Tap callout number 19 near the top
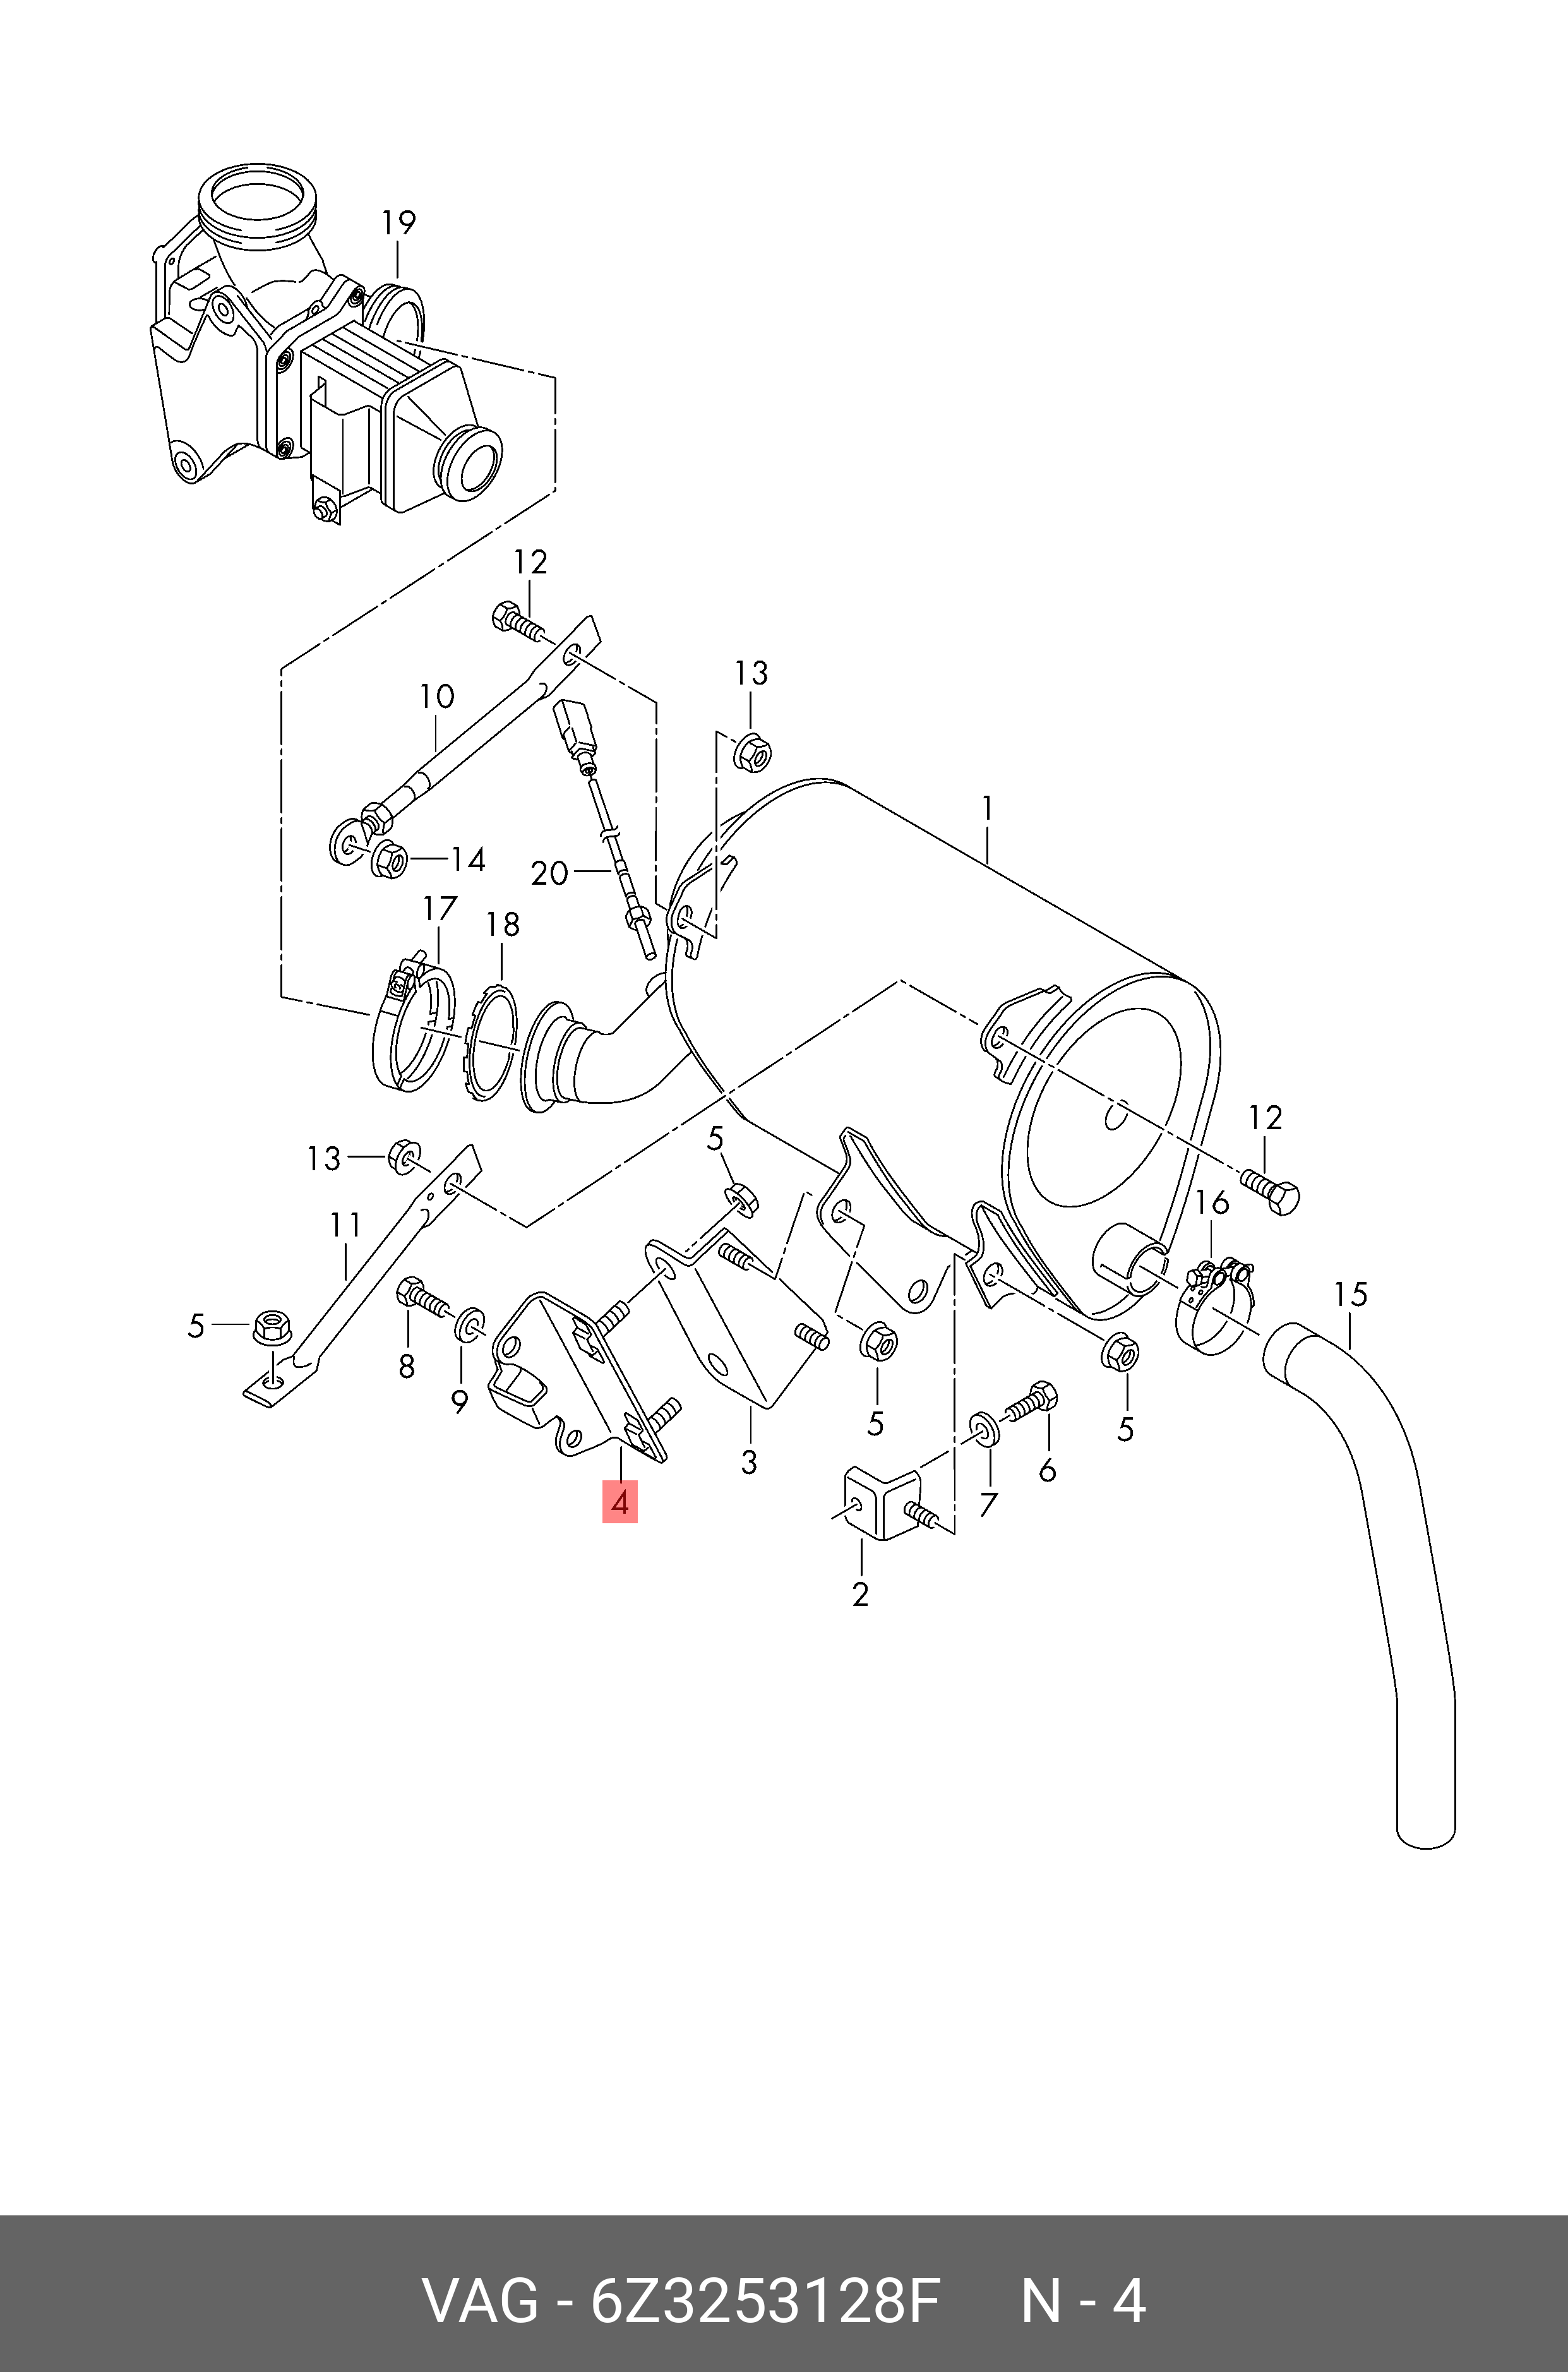pyautogui.click(x=398, y=222)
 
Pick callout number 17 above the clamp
pyautogui.click(x=440, y=909)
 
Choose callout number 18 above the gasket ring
pyautogui.click(x=503, y=925)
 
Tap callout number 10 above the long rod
pyautogui.click(x=436, y=696)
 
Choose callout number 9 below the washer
pyautogui.click(x=459, y=1403)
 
